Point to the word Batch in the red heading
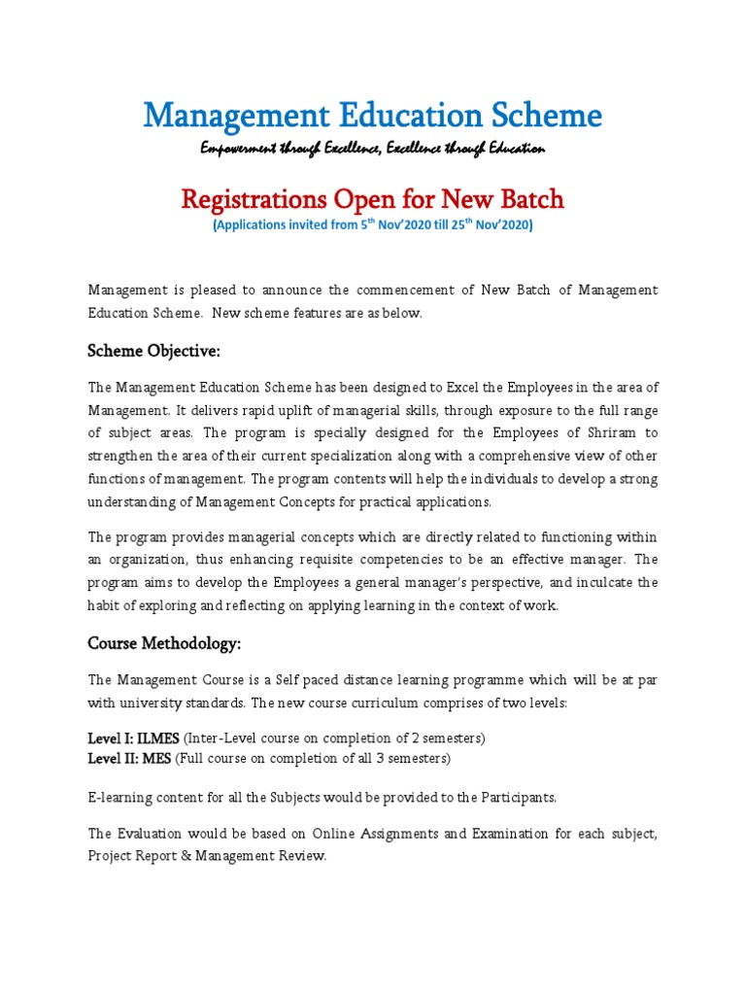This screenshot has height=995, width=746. pyautogui.click(x=528, y=200)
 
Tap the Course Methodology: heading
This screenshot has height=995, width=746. pyautogui.click(x=164, y=643)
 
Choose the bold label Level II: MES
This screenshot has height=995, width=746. pyautogui.click(x=129, y=758)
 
